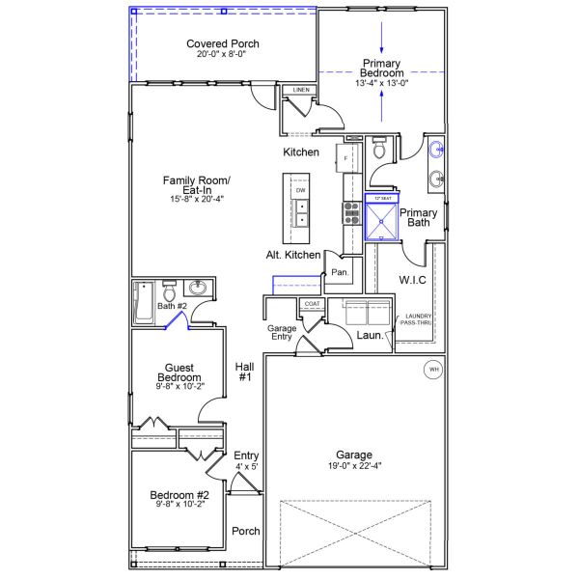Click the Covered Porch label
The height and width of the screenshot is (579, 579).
[x=223, y=44]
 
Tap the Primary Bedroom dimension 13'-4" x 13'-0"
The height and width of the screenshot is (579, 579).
[x=382, y=83]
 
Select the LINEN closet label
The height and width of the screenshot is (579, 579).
[x=301, y=91]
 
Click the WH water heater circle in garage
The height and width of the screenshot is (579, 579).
[x=432, y=369]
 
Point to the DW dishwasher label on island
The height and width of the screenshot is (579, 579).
[x=301, y=191]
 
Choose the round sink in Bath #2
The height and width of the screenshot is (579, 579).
[x=200, y=289]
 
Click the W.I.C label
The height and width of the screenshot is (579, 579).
[x=412, y=280]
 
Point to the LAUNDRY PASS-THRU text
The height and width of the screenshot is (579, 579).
[x=418, y=319]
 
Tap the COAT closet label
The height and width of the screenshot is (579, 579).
[x=312, y=304]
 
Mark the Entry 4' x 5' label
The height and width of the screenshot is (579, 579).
[x=246, y=460]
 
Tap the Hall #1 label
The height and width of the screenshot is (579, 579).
[x=244, y=372]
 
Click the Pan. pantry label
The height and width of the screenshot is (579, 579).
[x=339, y=272]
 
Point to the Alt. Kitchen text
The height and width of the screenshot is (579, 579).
[x=293, y=255]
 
